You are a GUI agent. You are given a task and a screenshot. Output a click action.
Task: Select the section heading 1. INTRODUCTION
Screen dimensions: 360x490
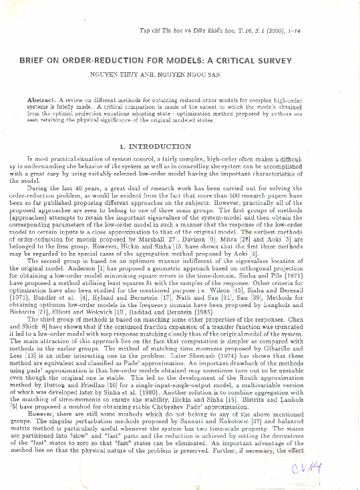click(x=154, y=146)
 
